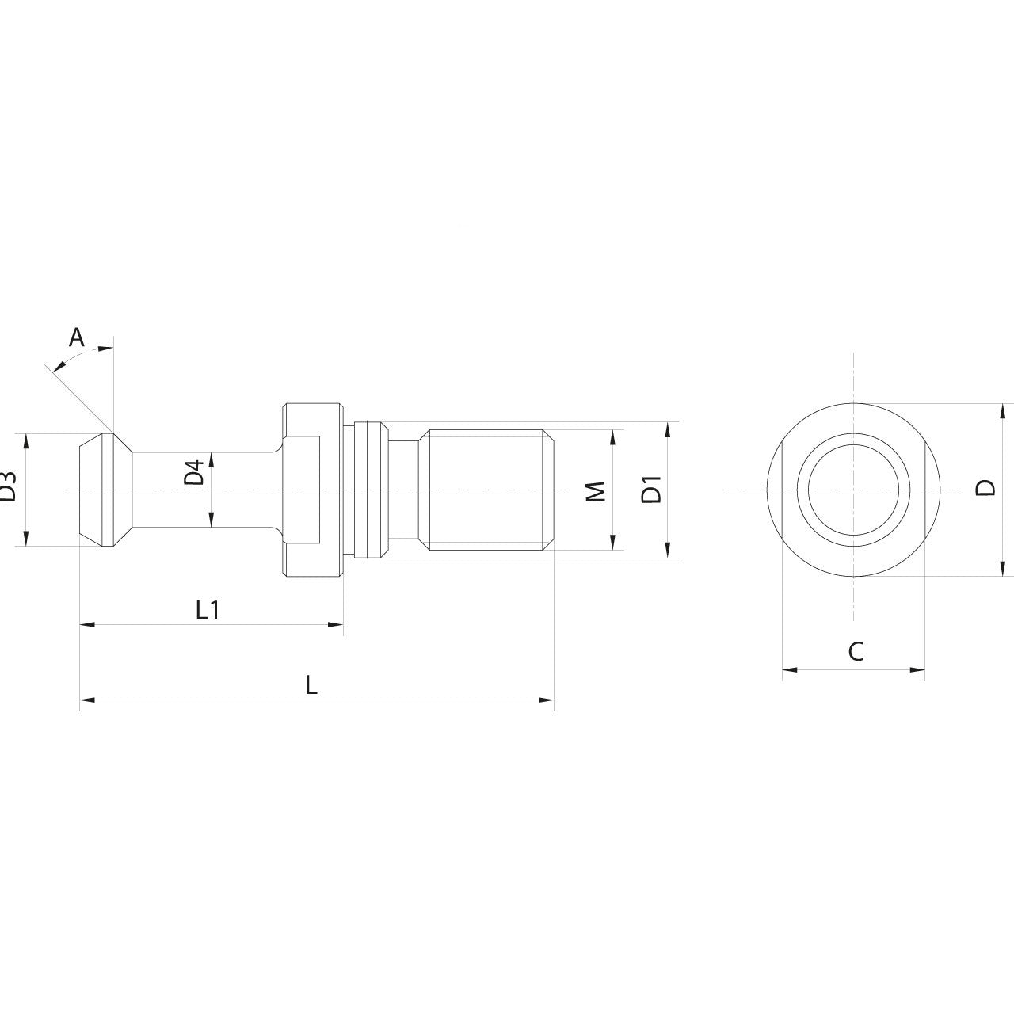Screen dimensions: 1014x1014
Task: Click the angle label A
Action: pyautogui.click(x=76, y=338)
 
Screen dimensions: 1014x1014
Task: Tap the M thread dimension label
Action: pyautogui.click(x=599, y=490)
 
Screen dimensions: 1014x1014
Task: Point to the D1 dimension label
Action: pyautogui.click(x=651, y=490)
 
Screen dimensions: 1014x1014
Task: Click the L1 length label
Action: pyautogui.click(x=208, y=610)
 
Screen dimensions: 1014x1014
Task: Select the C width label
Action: pyautogui.click(x=855, y=652)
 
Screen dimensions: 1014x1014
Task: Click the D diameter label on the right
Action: pyautogui.click(x=985, y=488)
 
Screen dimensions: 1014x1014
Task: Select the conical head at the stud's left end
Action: pyautogui.click(x=105, y=490)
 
